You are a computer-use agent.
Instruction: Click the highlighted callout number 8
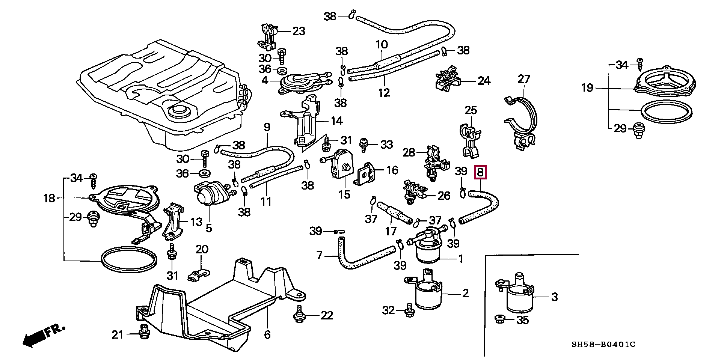tap(481, 172)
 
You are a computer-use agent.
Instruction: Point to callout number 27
tap(523, 79)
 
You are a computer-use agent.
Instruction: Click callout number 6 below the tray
tap(267, 334)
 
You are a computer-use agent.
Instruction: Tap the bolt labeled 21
tap(143, 332)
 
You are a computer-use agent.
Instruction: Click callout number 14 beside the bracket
tap(336, 121)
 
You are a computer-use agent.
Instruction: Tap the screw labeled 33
tap(364, 145)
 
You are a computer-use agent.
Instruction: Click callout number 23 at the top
tap(299, 31)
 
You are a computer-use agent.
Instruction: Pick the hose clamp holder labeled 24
tap(447, 81)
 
